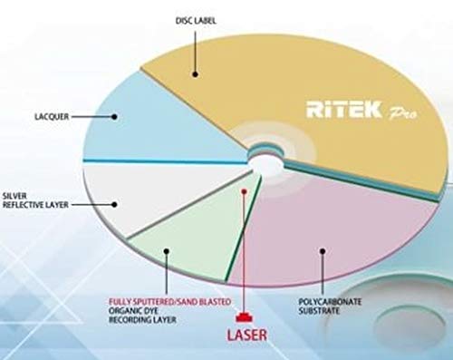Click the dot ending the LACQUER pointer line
point(115,115)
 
